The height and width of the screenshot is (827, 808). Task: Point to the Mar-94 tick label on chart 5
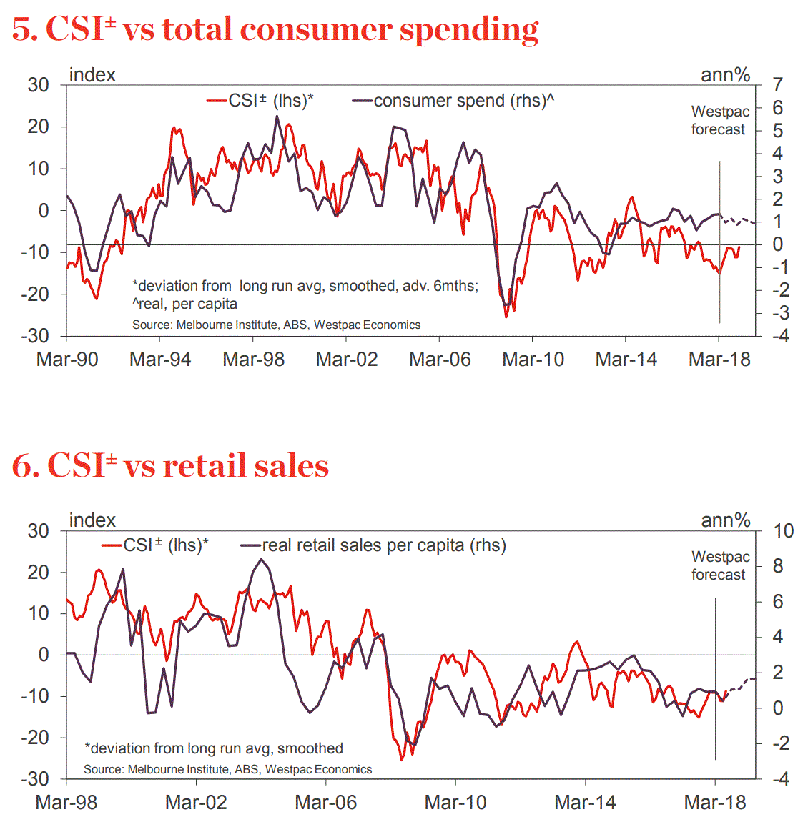160,359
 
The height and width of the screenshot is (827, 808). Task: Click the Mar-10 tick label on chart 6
455,803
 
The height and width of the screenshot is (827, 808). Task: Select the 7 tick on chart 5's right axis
777,85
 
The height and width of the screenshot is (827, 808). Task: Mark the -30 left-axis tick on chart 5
38,336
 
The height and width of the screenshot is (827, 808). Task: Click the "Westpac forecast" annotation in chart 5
719,120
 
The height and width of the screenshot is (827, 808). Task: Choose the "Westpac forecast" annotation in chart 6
719,565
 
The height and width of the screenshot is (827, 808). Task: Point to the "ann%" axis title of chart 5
725,75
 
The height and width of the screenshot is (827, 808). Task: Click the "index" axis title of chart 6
92,520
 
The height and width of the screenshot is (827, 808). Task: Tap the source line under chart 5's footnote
276,325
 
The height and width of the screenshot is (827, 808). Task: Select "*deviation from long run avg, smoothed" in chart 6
214,748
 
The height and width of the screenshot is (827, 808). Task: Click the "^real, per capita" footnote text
184,304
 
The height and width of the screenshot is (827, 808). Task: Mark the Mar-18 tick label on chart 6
715,803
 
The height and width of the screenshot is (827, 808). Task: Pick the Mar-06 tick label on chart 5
440,359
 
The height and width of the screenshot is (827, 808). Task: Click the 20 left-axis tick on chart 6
38,572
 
